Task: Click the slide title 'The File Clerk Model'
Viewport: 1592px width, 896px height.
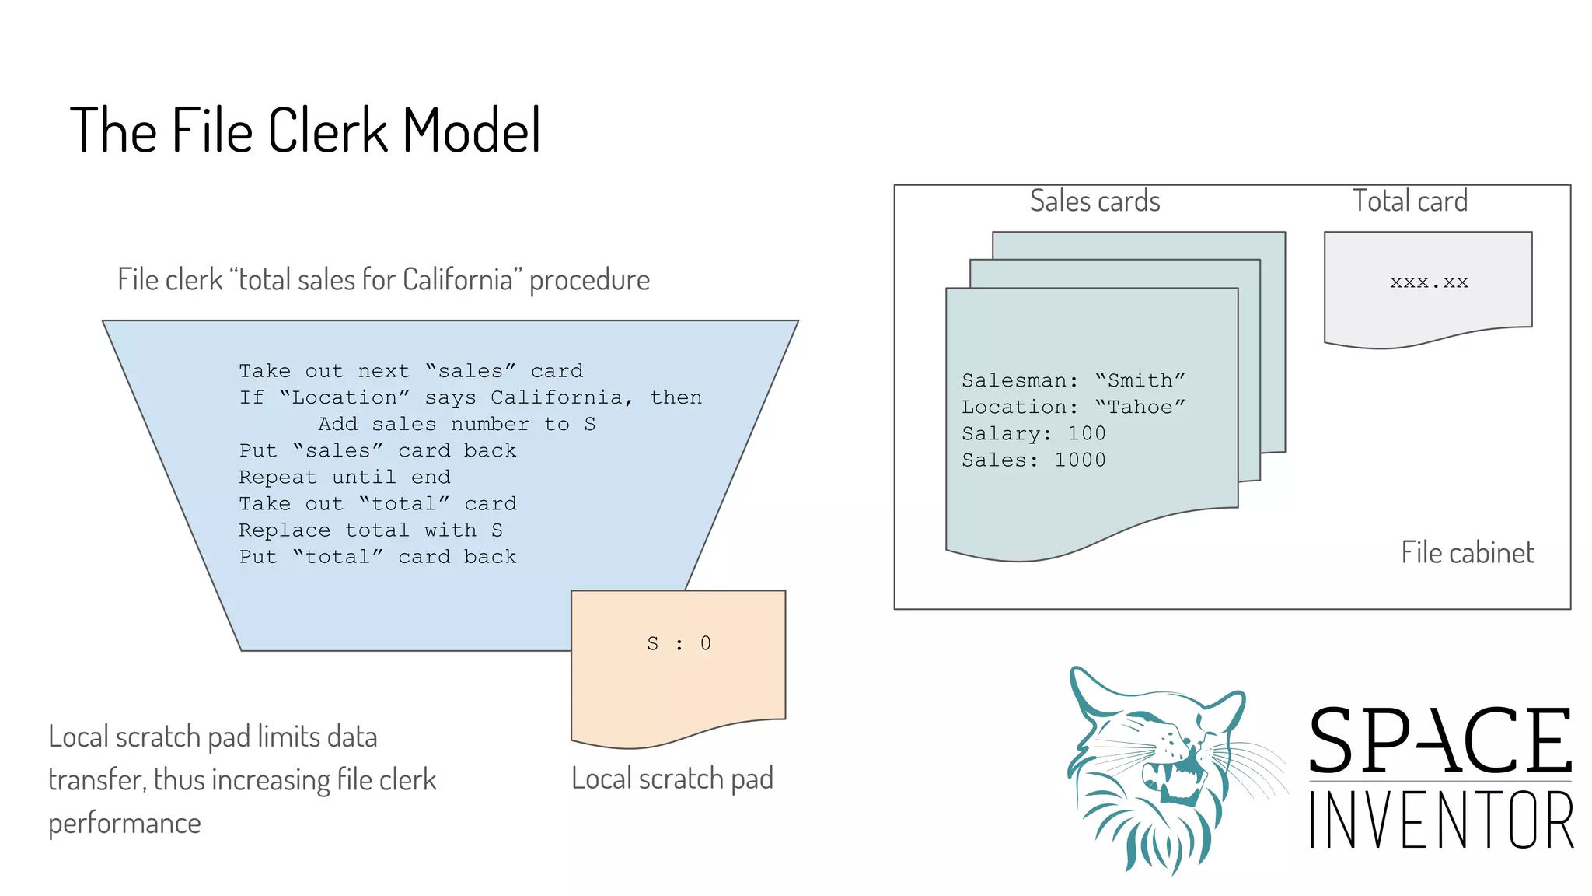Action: tap(305, 131)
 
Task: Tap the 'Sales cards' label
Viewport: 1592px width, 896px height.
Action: tap(1094, 201)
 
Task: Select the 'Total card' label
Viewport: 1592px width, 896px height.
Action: tap(1410, 201)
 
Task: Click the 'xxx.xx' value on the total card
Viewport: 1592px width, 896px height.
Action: tap(1429, 282)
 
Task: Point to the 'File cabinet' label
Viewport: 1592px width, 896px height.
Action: tap(1467, 553)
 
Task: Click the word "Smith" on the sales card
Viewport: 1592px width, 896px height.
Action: tap(1140, 380)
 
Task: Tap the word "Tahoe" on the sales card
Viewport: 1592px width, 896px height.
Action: tap(1140, 407)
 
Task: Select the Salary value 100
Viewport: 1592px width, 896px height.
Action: tap(1086, 433)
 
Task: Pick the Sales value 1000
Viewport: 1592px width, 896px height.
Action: tap(1080, 460)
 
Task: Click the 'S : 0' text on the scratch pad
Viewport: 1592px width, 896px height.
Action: tap(679, 644)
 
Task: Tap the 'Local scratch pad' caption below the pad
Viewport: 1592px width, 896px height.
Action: tap(672, 779)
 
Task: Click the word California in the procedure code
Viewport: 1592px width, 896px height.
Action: tap(557, 397)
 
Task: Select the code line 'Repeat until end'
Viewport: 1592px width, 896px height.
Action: tap(344, 477)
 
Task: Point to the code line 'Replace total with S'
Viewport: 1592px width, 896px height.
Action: tap(371, 530)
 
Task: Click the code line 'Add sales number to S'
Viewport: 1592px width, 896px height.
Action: tap(456, 424)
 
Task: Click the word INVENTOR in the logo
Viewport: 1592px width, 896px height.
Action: tap(1440, 820)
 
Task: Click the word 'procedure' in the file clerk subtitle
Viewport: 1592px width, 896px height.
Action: tap(589, 280)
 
